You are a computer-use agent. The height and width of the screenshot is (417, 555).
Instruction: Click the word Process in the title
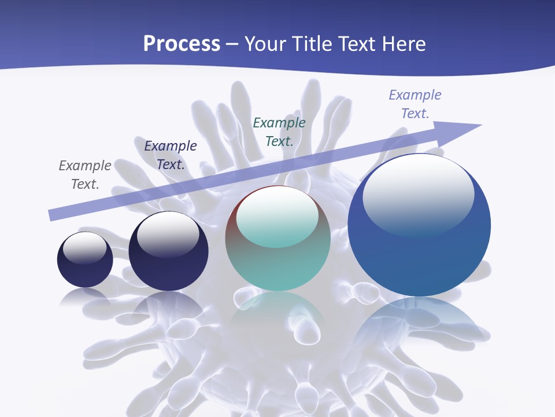182,44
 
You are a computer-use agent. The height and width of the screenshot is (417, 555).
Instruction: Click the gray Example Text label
85,175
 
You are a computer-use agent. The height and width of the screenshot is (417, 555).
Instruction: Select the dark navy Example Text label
171,155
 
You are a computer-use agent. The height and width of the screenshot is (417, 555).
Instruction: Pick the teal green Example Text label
279,131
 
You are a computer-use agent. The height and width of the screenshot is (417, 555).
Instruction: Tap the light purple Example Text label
415,104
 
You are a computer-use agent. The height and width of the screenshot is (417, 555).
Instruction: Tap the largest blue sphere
419,255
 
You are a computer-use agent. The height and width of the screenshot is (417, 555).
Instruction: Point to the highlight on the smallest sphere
85,247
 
